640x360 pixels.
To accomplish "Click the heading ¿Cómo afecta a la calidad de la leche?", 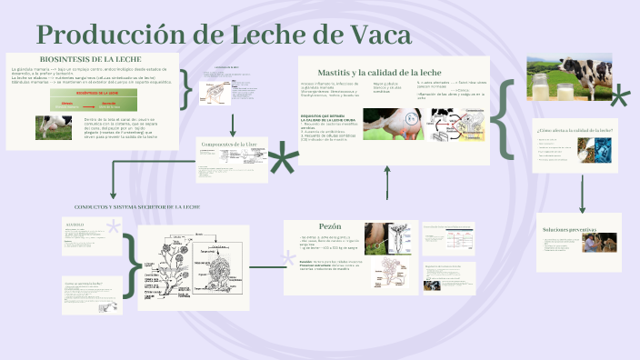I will point(575,131).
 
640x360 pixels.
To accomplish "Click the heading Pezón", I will point(329,226).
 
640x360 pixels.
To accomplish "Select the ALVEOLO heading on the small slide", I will point(75,223).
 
